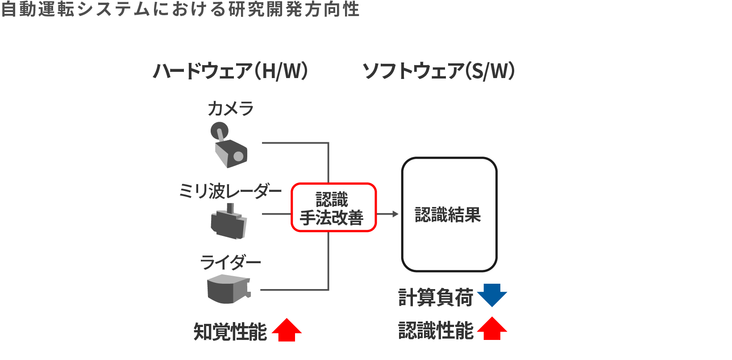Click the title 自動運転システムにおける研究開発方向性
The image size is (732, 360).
point(180,9)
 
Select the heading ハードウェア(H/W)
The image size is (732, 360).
point(230,71)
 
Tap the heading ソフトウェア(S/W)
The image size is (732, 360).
point(439,71)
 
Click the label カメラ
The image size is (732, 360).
point(230,109)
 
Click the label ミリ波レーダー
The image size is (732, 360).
point(230,191)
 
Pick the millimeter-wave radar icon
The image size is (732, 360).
point(229,223)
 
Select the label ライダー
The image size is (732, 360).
point(230,262)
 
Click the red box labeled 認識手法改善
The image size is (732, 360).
point(333,207)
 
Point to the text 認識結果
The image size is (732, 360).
point(448,215)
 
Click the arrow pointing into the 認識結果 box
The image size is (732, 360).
point(388,214)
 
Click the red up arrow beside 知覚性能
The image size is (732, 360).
point(287,330)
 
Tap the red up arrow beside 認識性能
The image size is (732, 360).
point(492,329)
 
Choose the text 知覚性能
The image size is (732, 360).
point(230,332)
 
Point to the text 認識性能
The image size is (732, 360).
point(436,331)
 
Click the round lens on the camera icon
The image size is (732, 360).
point(238,156)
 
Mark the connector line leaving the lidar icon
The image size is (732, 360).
point(295,290)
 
